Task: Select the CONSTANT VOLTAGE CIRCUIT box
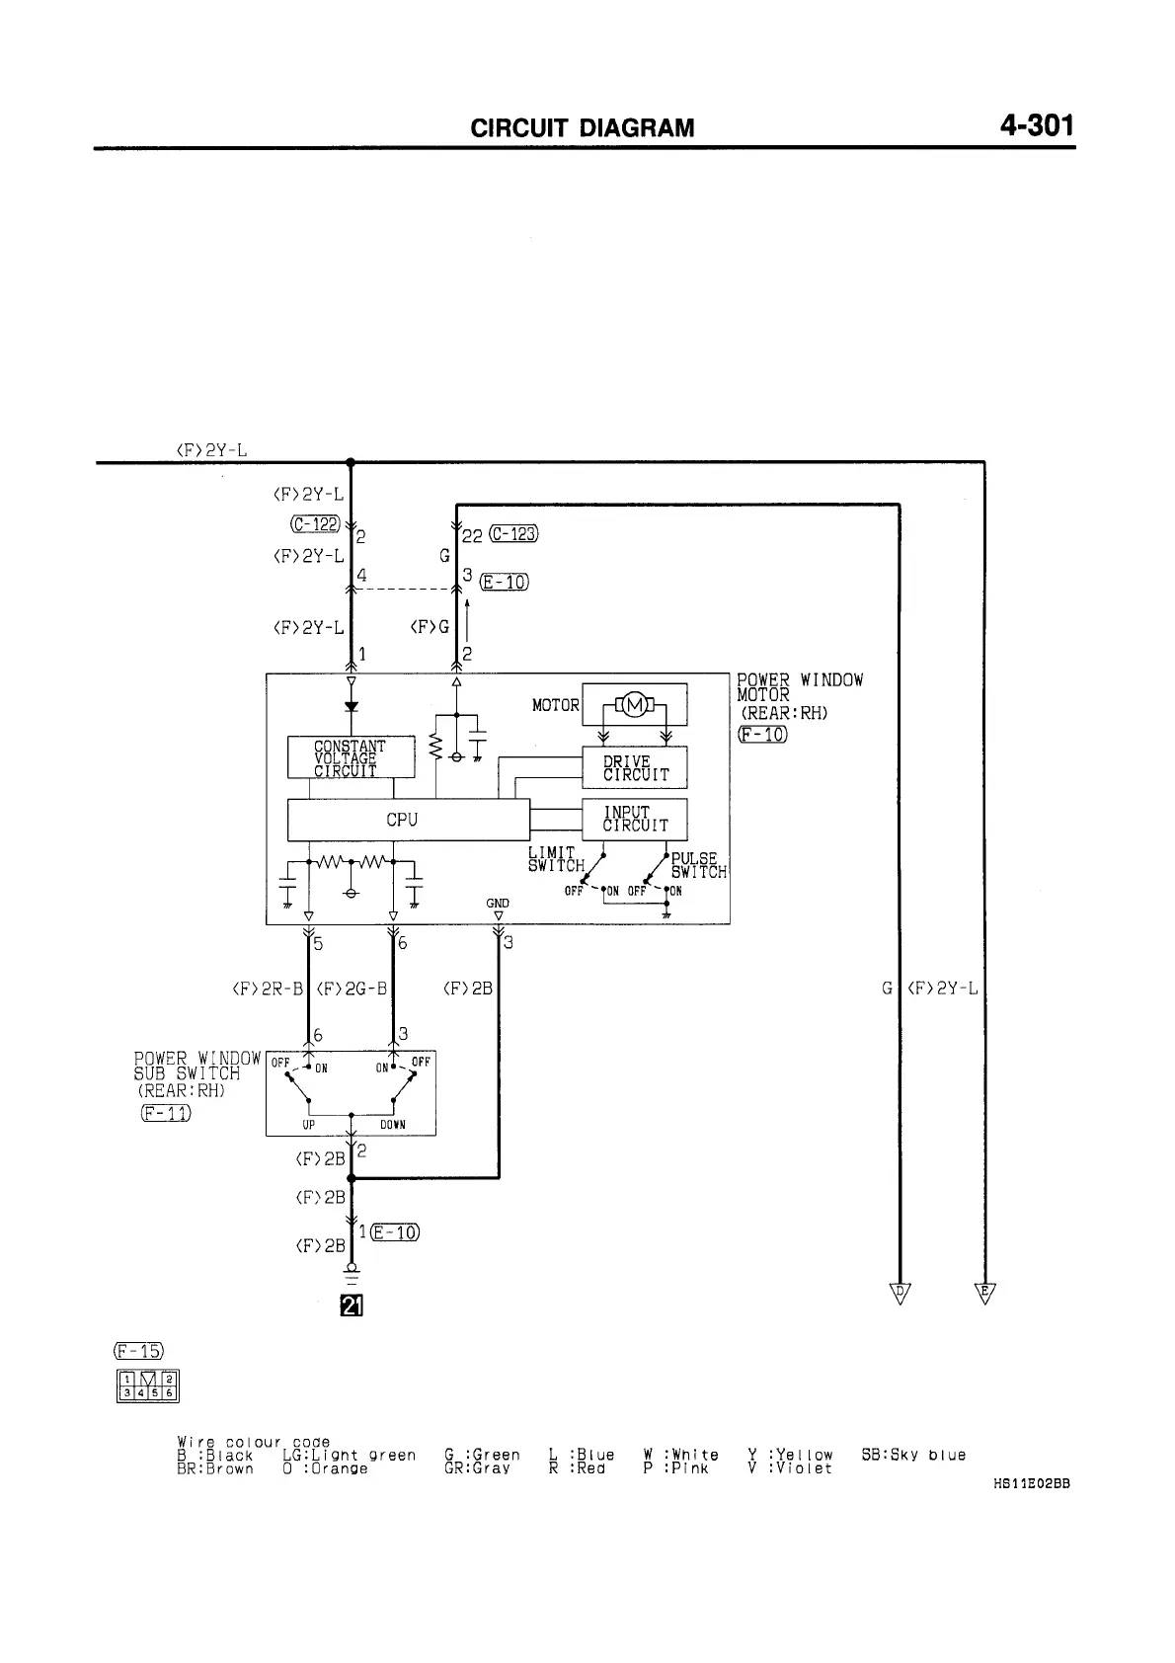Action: pyautogui.click(x=351, y=757)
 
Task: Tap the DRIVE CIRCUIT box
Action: pyautogui.click(x=635, y=767)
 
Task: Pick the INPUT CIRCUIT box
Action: pyautogui.click(x=635, y=819)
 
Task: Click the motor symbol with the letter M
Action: pyautogui.click(x=635, y=704)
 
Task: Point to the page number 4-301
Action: pyautogui.click(x=1036, y=125)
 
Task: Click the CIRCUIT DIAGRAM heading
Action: pyautogui.click(x=583, y=128)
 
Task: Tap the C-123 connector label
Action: pyautogui.click(x=512, y=534)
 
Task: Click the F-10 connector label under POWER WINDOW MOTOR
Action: pyautogui.click(x=762, y=734)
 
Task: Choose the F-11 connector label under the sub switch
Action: pyautogui.click(x=166, y=1114)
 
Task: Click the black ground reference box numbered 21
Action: pyautogui.click(x=352, y=1307)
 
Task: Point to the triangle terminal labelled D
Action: pyautogui.click(x=900, y=1294)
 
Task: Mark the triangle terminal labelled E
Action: pyautogui.click(x=984, y=1294)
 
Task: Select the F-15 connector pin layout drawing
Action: pyautogui.click(x=147, y=1386)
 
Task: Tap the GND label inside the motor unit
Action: pyautogui.click(x=498, y=903)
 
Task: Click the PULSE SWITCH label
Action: pyautogui.click(x=698, y=865)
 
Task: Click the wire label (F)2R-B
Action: pyautogui.click(x=268, y=988)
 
